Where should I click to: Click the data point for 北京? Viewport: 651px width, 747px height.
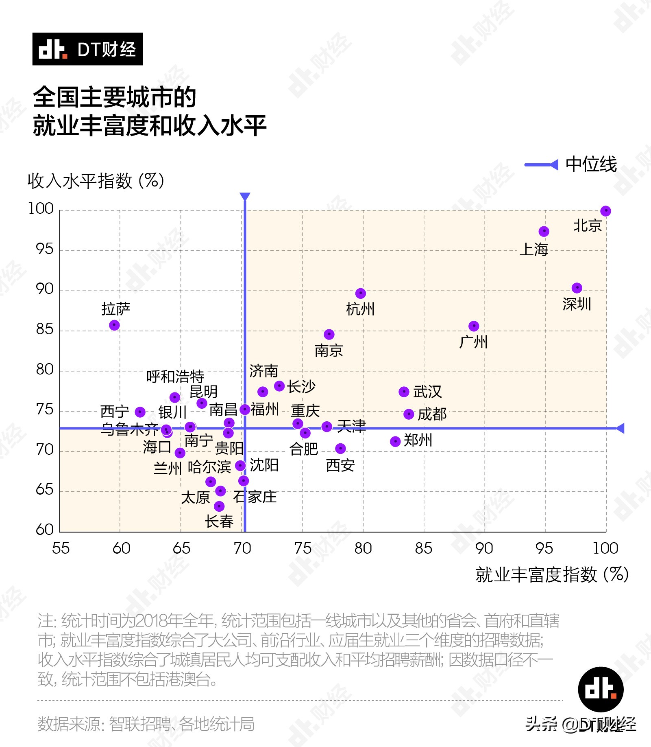click(605, 211)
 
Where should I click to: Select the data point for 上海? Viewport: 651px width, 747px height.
click(544, 232)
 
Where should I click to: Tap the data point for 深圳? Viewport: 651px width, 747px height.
click(577, 288)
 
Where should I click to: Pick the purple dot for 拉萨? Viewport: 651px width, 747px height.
click(114, 325)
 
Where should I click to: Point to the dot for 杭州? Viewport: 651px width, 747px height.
click(360, 294)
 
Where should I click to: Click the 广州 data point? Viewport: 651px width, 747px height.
click(474, 326)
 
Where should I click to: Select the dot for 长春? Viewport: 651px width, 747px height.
click(219, 506)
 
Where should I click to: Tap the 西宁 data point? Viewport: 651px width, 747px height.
click(140, 412)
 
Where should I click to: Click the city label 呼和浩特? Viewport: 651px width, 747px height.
click(175, 376)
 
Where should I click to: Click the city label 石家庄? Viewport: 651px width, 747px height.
click(255, 497)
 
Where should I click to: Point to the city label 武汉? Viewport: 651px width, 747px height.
click(427, 392)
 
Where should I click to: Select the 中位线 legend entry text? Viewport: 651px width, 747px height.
click(591, 164)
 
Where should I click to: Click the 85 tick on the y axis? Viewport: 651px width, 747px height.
click(45, 329)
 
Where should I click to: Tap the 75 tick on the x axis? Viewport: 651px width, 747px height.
click(303, 548)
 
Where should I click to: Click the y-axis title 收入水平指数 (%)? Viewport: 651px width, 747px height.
click(96, 181)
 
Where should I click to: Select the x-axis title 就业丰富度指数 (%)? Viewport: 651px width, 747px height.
click(552, 574)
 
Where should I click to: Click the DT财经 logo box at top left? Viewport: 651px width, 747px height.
click(87, 49)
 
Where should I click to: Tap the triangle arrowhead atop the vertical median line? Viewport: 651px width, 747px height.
click(245, 196)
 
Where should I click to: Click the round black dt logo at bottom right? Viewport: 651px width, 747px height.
click(601, 689)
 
